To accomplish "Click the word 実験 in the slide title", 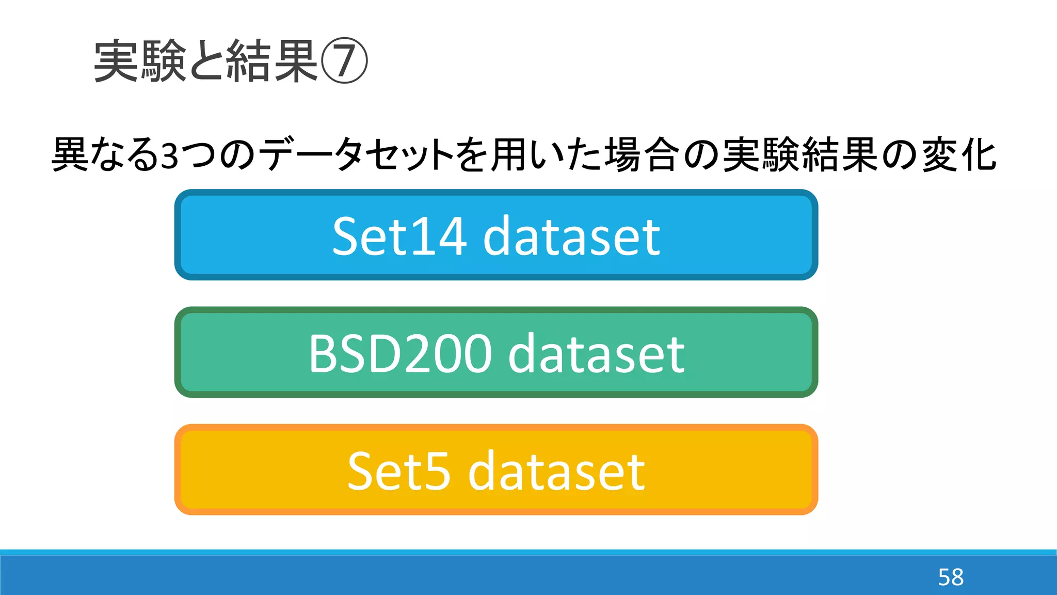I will (x=140, y=61).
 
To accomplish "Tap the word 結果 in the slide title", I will (x=272, y=61).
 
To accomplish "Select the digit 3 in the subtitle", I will (x=169, y=155).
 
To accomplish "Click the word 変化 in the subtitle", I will (x=959, y=154).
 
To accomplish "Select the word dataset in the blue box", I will (x=571, y=236).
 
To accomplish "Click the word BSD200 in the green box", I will (x=400, y=354).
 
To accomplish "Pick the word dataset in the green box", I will (x=597, y=354).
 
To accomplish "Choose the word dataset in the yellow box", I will (x=556, y=471).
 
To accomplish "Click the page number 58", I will (x=951, y=577).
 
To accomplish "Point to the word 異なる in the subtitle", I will (x=105, y=154).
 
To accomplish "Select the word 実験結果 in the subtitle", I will (x=800, y=154).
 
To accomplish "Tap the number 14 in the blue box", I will (x=442, y=236).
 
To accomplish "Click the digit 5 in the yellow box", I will (x=438, y=471).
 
